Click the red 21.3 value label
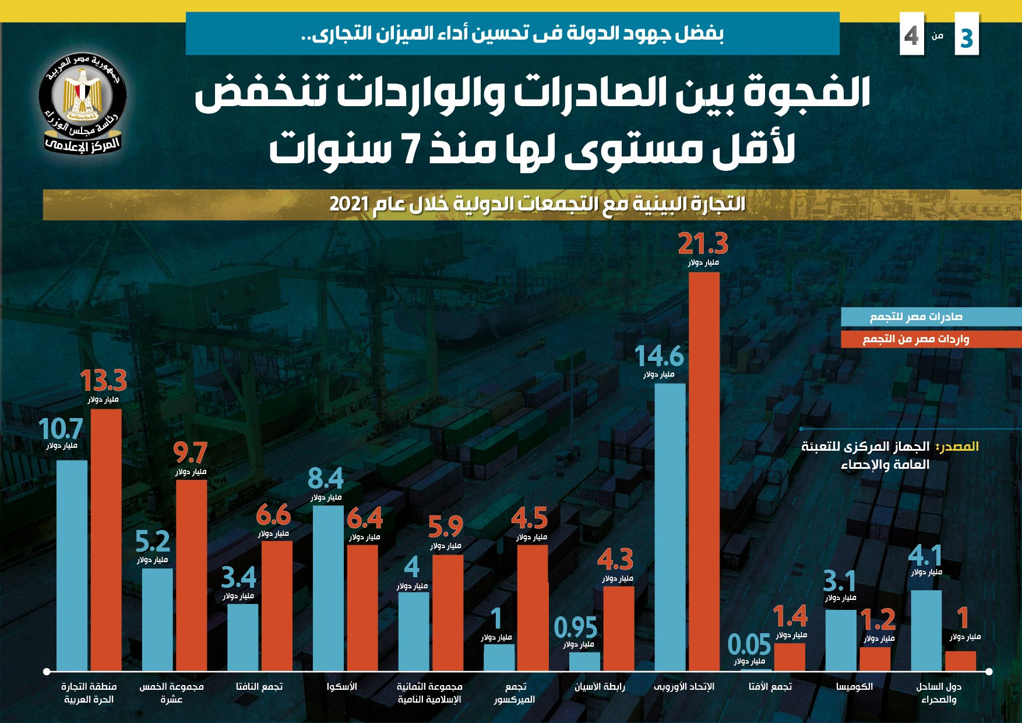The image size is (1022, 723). point(703,244)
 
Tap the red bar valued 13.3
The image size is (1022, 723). point(106,539)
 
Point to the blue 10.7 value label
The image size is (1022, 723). point(61,429)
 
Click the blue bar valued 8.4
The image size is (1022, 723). point(328,588)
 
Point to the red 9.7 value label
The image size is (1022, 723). point(191,453)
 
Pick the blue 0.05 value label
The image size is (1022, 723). point(749,645)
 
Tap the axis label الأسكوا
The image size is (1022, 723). point(341,686)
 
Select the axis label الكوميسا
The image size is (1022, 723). point(854,686)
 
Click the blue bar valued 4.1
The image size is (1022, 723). point(926,630)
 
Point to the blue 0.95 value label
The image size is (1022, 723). point(576,628)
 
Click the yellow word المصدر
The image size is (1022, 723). point(957,447)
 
